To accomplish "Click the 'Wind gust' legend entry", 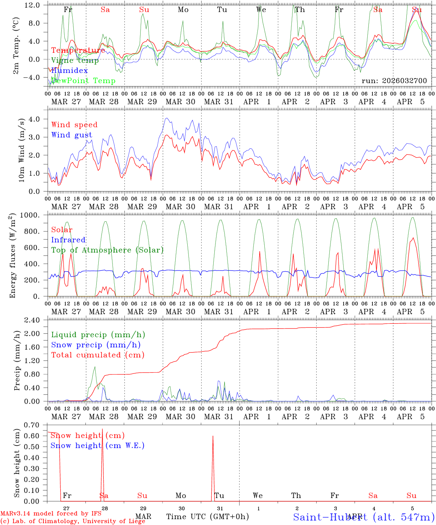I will [x=72, y=135].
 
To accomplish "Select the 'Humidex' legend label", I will [x=69, y=70].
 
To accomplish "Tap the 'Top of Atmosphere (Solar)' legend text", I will [x=107, y=250].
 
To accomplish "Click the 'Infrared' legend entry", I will [x=68, y=240].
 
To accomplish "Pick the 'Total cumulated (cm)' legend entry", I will [x=97, y=355].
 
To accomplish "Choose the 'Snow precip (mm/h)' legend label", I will [x=96, y=345].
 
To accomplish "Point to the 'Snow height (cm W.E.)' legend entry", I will [x=97, y=446].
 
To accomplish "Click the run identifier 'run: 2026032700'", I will [x=394, y=81].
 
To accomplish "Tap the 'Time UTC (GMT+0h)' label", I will [x=207, y=517].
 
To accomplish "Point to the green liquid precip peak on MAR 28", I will [x=95, y=367].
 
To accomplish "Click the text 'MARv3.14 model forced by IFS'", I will [x=51, y=513].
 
